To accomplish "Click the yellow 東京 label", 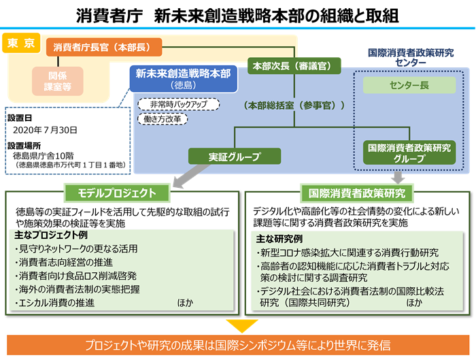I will [21, 44].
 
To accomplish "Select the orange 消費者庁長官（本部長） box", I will [104, 48].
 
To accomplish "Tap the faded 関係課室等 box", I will [57, 80].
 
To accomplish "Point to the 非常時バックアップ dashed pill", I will [178, 104].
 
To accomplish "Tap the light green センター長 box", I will [409, 86].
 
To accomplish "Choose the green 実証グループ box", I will [234, 157].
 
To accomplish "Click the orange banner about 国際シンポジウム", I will [238, 344].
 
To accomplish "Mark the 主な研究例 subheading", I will [279, 239].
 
